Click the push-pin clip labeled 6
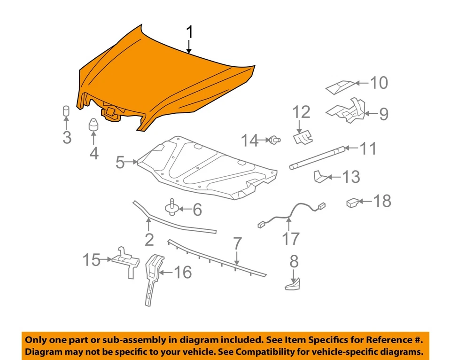tap(171, 207)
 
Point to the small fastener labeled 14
tap(274, 139)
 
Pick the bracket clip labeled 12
tap(302, 137)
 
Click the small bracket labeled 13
tap(319, 177)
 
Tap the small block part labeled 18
tap(353, 203)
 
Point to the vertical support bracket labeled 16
tap(153, 278)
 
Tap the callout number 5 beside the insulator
tap(120, 163)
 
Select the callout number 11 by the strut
tap(368, 149)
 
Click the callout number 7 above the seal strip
tap(237, 244)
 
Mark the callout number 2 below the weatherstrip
tap(149, 240)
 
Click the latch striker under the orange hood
tap(111, 113)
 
